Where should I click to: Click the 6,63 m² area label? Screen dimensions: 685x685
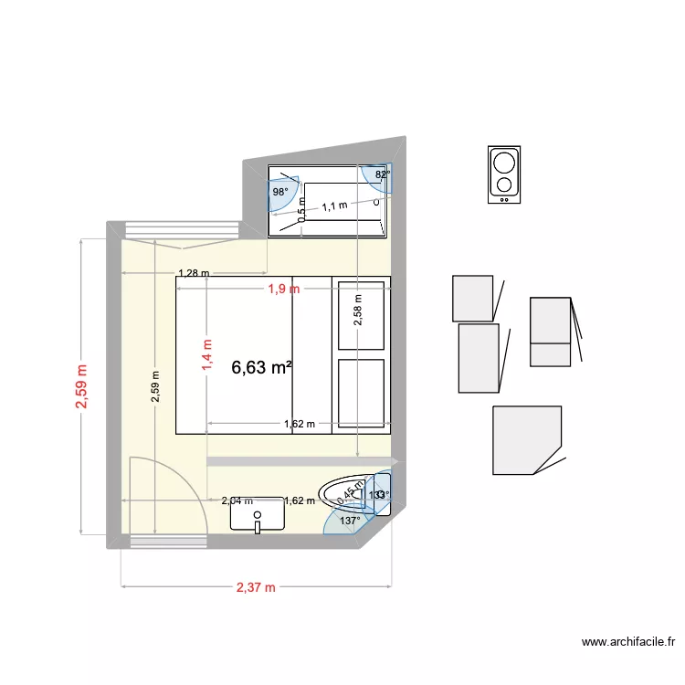[262, 368]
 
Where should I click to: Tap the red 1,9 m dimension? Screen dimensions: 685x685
[283, 290]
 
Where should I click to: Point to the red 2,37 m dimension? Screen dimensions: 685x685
[256, 587]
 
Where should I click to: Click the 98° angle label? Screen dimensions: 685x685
[279, 193]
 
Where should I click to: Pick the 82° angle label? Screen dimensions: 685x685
[383, 174]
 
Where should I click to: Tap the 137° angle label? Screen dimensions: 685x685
[350, 521]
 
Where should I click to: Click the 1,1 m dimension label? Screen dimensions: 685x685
[334, 206]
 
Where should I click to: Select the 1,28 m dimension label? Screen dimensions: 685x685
[193, 273]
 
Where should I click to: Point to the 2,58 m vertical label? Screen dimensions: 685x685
[358, 311]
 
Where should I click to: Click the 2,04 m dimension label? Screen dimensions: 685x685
[237, 501]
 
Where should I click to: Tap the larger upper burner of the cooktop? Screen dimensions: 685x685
[503, 163]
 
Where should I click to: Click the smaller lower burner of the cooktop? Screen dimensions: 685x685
[503, 185]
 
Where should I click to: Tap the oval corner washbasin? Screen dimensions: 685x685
[345, 492]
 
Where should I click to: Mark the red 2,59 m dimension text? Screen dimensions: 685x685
[83, 387]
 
